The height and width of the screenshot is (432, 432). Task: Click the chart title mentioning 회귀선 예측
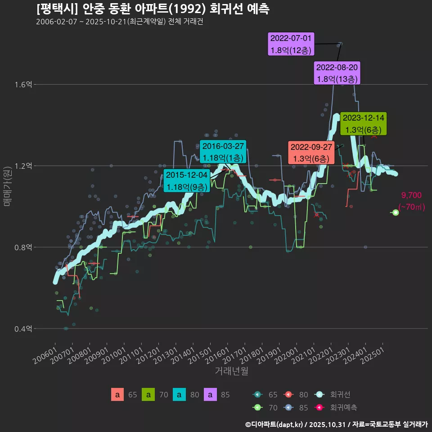pos(153,9)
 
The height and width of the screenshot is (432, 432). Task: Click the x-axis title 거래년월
pos(231,371)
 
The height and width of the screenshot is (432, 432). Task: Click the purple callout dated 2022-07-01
pos(291,44)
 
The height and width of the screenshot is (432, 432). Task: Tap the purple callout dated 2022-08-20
pos(337,73)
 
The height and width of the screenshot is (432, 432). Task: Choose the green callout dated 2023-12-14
pos(363,124)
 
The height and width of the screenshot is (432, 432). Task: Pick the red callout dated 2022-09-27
pos(311,153)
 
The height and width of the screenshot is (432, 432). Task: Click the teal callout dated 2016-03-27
pos(223,152)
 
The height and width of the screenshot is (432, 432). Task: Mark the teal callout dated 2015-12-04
pos(187,180)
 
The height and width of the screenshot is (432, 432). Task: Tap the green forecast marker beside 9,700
pos(396,212)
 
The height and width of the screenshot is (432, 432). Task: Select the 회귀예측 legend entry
pos(343,407)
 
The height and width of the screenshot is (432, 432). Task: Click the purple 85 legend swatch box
pos(210,395)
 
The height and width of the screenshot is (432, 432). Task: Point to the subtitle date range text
pos(119,22)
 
